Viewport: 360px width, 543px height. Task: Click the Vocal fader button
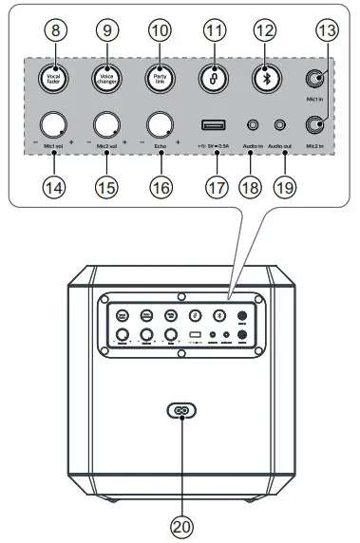tap(54, 75)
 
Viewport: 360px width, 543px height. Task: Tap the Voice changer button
tap(107, 75)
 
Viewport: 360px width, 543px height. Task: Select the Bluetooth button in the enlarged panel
tap(266, 75)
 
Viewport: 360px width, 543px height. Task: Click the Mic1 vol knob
tap(54, 123)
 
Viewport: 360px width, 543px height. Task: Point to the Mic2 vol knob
tap(107, 123)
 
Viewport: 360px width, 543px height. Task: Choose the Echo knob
tap(160, 123)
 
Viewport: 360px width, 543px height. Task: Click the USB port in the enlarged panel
tap(213, 123)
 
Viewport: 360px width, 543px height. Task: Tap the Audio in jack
tap(253, 123)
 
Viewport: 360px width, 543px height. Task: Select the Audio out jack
tap(280, 123)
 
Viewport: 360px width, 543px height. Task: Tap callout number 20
tap(180, 523)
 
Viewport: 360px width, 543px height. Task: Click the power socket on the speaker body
tap(180, 411)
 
